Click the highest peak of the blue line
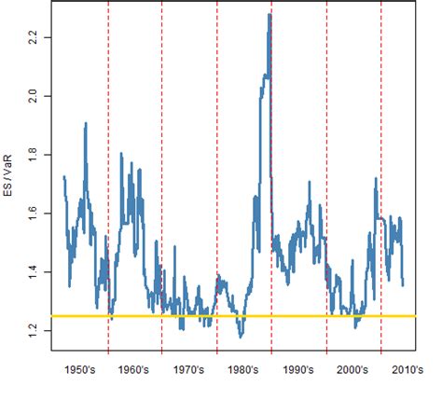click(269, 15)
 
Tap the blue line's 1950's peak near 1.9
click(86, 123)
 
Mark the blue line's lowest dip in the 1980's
click(241, 335)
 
